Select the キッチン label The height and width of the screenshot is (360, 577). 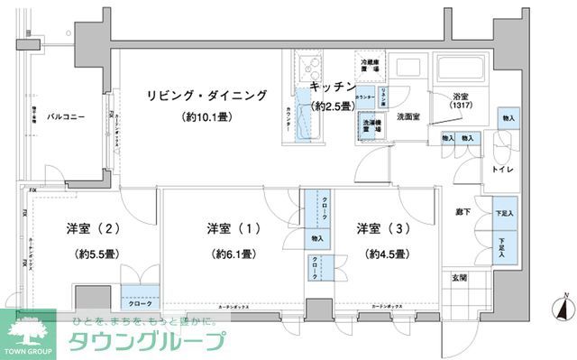coord(332,87)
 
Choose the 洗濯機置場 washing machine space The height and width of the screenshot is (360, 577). coord(371,126)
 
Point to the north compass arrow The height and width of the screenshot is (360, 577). coord(563,310)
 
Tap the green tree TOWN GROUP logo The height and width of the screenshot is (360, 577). coord(27,331)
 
